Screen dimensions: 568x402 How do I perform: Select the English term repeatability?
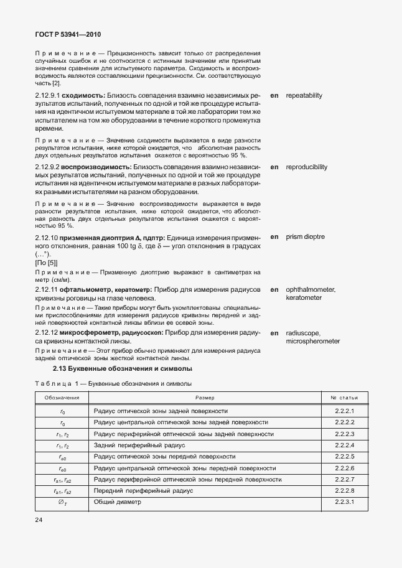[x=304, y=96]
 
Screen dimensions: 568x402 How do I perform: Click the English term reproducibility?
[x=306, y=167]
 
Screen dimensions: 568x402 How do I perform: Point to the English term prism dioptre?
[x=305, y=237]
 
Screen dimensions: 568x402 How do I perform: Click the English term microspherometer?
[x=312, y=342]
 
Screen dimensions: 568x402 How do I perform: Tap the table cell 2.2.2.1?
[x=344, y=411]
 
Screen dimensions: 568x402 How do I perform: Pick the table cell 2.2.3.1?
[x=344, y=501]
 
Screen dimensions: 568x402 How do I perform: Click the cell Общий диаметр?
[x=118, y=501]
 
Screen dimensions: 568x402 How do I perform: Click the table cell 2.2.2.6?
[x=344, y=468]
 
